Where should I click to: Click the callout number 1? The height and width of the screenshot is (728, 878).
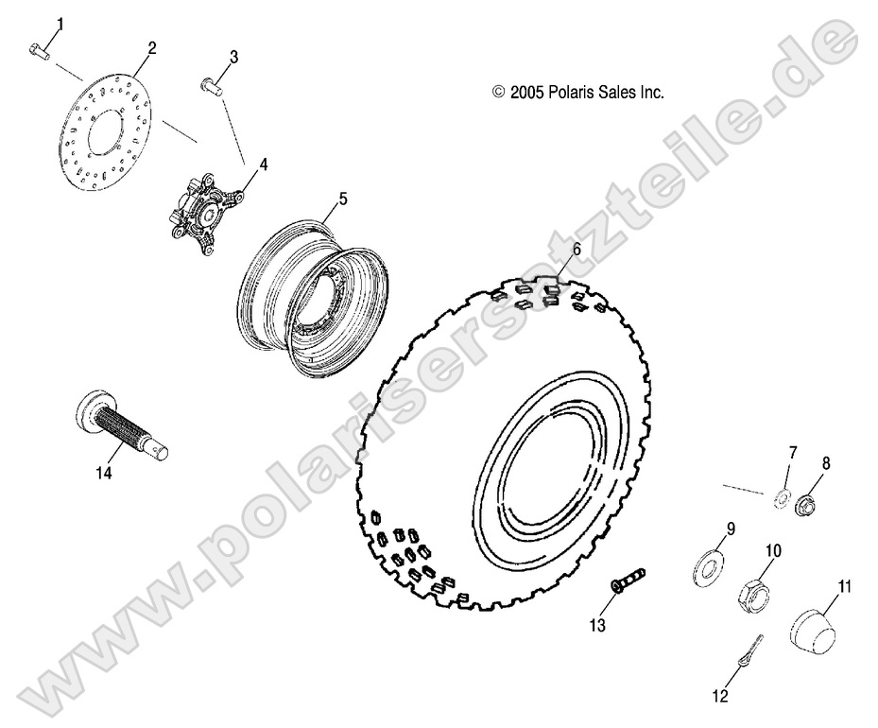pos(61,22)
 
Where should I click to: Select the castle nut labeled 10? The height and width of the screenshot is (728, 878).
pos(753,593)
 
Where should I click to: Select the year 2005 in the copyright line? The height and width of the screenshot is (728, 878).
pos(525,92)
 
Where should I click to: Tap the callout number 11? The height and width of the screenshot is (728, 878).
pos(844,587)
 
